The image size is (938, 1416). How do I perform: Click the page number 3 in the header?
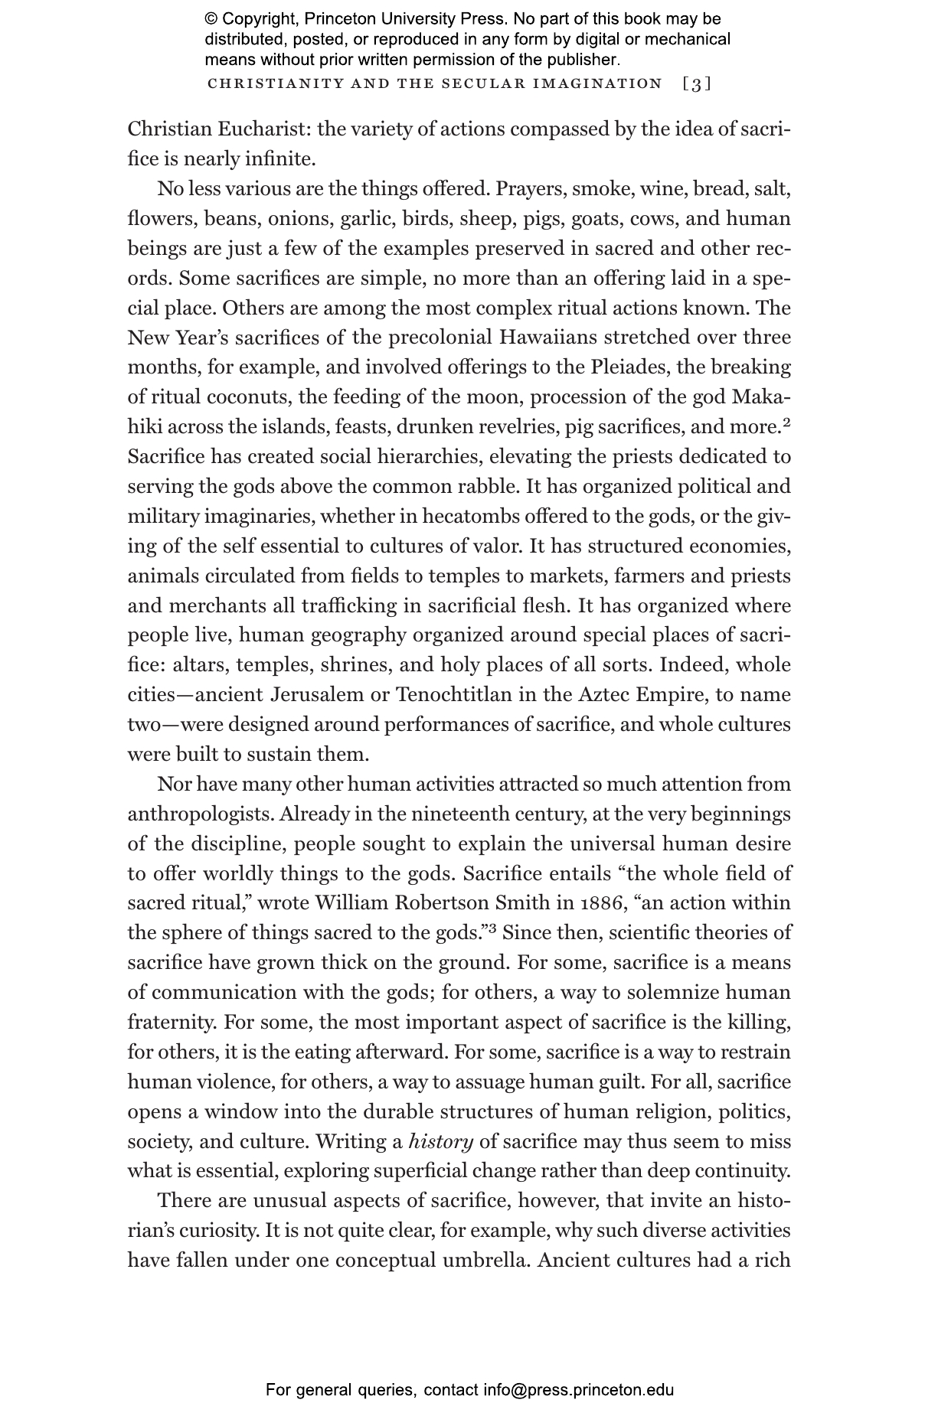click(696, 84)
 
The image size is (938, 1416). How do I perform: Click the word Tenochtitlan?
click(446, 695)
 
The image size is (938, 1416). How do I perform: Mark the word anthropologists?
click(201, 814)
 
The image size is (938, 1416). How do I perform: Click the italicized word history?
click(441, 1142)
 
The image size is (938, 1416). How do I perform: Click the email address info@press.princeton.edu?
click(578, 1390)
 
